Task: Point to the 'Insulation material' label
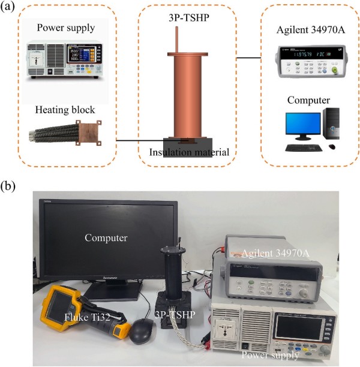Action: [x=189, y=152]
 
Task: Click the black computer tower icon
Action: [x=331, y=128]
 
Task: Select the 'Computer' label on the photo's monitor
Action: [x=106, y=238]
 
